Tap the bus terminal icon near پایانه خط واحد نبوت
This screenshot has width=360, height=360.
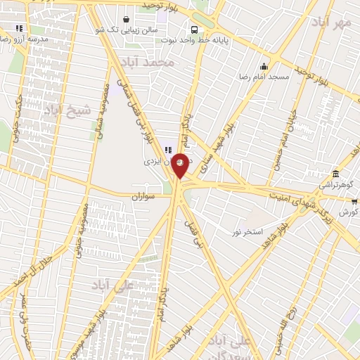[x=193, y=30]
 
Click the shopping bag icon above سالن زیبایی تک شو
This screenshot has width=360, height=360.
[x=125, y=20]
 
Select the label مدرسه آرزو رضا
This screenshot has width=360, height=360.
[x=24, y=39]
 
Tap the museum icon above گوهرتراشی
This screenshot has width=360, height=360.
[x=335, y=173]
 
